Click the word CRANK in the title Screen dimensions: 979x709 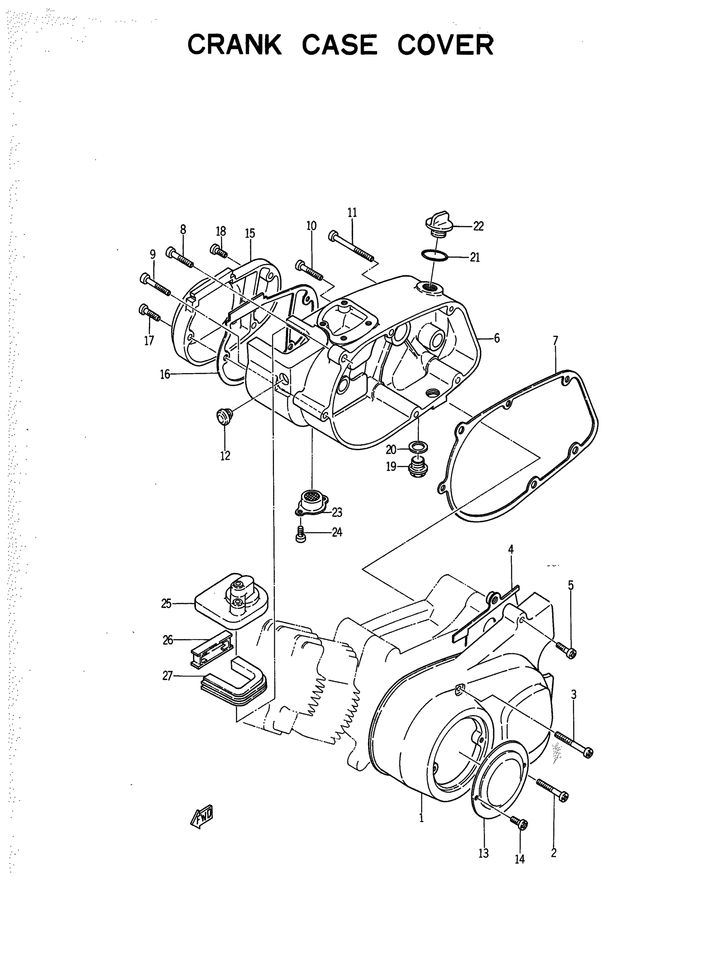point(234,45)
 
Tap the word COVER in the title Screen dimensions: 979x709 point(445,45)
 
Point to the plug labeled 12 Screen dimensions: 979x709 point(224,416)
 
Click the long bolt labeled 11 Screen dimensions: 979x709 point(352,246)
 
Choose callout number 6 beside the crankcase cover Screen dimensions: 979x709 point(497,338)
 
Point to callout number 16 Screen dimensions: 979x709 point(165,374)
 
